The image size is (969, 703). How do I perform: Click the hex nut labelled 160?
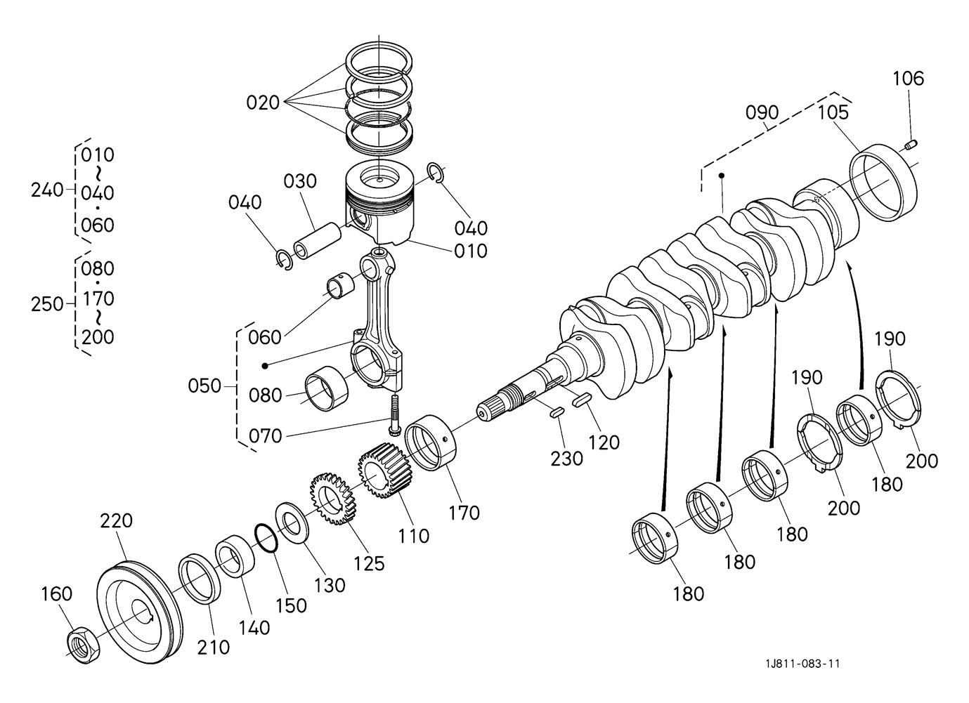click(x=84, y=645)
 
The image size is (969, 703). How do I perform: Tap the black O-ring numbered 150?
click(x=266, y=538)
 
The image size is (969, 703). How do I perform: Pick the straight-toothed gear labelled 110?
click(x=384, y=471)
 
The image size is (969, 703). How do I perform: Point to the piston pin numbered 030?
click(x=317, y=241)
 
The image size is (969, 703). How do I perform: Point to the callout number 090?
click(x=762, y=112)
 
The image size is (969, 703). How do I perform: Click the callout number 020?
click(x=263, y=103)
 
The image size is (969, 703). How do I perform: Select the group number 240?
click(x=47, y=190)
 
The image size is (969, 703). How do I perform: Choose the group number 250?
click(x=47, y=304)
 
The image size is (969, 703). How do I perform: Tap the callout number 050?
click(x=204, y=386)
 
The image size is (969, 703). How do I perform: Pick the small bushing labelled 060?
click(x=340, y=286)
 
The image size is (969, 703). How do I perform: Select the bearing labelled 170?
click(x=431, y=442)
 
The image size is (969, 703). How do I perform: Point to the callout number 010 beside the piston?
click(x=471, y=251)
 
